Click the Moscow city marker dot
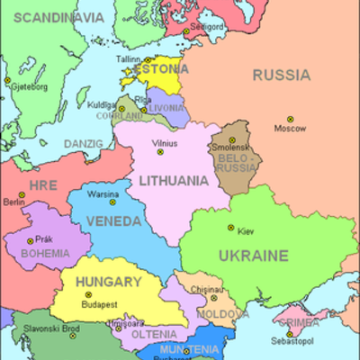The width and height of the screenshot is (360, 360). tap(290, 119)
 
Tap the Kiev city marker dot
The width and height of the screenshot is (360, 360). tap(230, 228)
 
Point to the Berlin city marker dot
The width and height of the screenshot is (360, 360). tap(21, 194)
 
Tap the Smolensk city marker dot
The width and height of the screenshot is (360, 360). tap(232, 139)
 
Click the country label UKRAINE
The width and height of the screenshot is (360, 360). tap(253, 256)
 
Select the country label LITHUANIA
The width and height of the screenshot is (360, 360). tap(174, 181)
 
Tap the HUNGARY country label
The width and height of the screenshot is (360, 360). tap(108, 282)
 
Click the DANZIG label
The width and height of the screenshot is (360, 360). tap(84, 143)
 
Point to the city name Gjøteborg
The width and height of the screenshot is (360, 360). tap(29, 87)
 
